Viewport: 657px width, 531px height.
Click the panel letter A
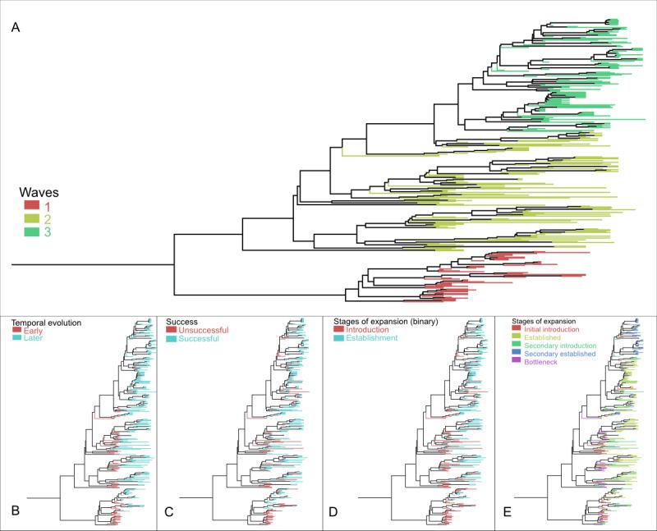16,29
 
